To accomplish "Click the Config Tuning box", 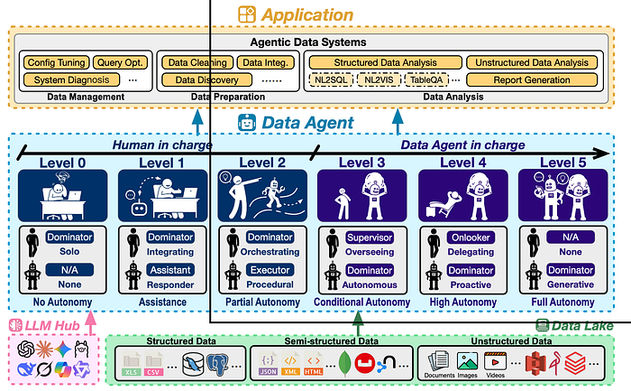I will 54,62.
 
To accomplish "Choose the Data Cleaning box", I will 197,62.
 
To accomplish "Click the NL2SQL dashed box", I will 333,79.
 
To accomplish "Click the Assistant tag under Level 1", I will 167,270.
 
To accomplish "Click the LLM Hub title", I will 45,323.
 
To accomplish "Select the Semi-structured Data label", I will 332,341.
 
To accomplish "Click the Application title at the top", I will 306,14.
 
